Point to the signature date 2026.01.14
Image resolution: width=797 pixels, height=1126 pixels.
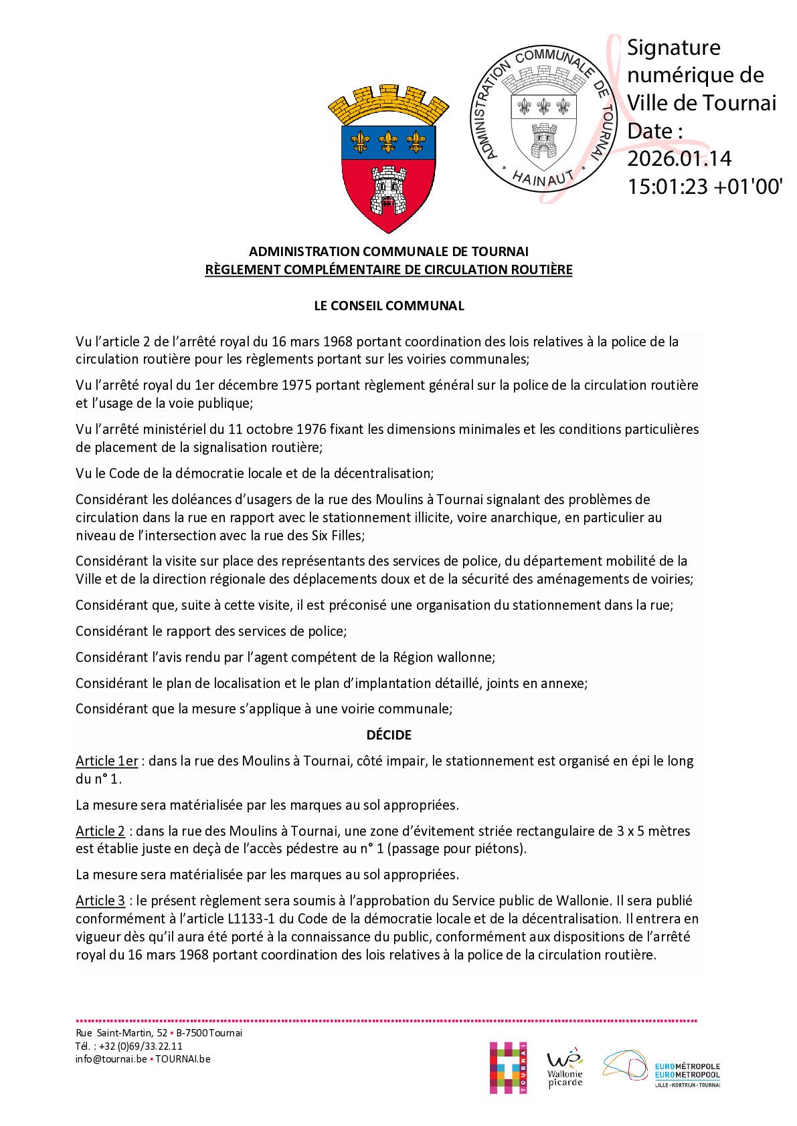pyautogui.click(x=679, y=158)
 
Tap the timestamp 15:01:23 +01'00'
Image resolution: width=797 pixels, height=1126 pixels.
pyautogui.click(x=705, y=187)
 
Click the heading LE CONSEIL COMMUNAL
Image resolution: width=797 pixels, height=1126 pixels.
pyautogui.click(x=389, y=306)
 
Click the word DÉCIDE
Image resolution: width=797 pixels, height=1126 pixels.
pyautogui.click(x=389, y=735)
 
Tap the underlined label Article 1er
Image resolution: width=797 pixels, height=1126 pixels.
pyautogui.click(x=107, y=761)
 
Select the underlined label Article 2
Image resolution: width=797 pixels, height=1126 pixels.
pyautogui.click(x=100, y=831)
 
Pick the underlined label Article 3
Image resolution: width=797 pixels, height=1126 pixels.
pyautogui.click(x=100, y=901)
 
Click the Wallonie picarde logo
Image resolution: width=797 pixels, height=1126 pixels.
pyautogui.click(x=565, y=1067)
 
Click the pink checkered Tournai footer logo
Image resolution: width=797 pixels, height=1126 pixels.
pyautogui.click(x=508, y=1067)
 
